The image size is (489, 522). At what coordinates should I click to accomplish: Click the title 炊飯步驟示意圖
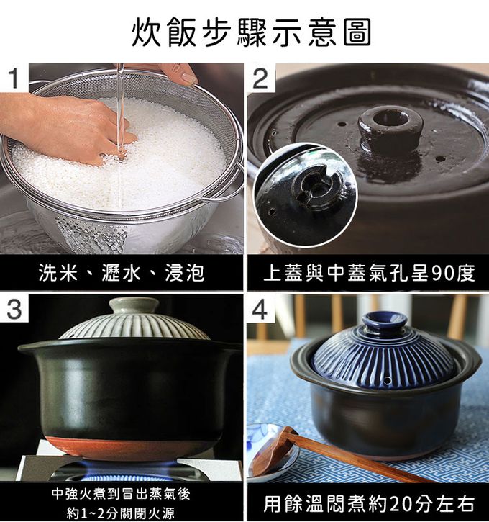(x=251, y=32)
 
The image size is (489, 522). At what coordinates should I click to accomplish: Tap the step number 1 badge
(x=14, y=78)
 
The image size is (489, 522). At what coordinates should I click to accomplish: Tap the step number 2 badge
(x=261, y=78)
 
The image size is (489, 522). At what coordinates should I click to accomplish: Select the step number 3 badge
(x=14, y=310)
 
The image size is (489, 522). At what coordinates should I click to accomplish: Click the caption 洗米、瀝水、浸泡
(x=122, y=273)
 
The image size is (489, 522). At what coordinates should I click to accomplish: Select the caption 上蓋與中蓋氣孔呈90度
(x=369, y=273)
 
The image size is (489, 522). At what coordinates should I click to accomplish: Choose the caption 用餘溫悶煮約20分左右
(x=368, y=503)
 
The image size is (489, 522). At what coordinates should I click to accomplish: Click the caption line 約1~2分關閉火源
(x=121, y=513)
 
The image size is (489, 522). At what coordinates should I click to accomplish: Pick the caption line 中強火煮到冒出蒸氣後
(x=121, y=494)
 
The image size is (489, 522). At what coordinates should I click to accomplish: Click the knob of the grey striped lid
(x=134, y=305)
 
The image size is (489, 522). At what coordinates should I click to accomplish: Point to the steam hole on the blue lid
(x=387, y=380)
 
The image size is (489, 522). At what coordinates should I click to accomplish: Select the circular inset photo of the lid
(x=305, y=195)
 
